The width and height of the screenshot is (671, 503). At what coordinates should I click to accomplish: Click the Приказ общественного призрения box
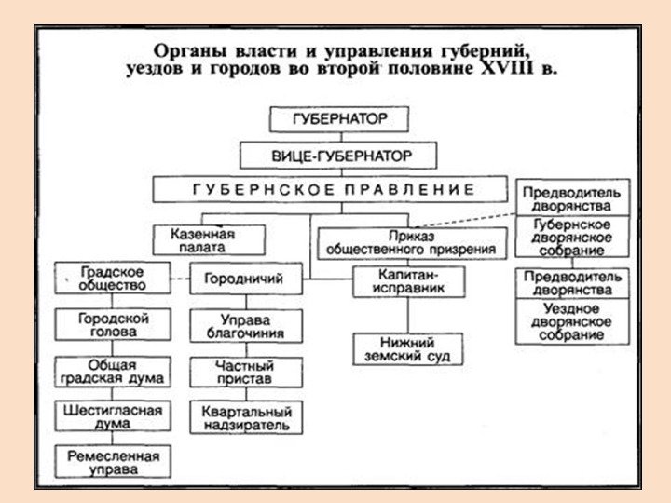click(x=413, y=243)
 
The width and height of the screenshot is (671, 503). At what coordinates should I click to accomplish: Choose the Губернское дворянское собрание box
click(x=572, y=238)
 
